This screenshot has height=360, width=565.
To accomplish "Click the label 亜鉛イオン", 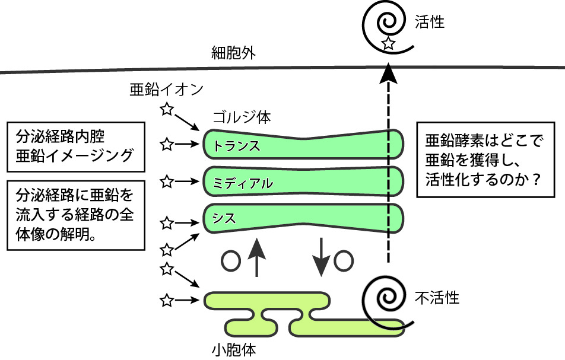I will tap(167, 90).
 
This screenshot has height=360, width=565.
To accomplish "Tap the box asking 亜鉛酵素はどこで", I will tap(486, 160).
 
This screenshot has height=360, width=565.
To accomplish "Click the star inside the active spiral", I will tap(388, 43).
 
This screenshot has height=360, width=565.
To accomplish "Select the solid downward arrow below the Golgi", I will tap(321, 257).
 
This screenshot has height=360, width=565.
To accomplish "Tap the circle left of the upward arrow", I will tap(230, 260).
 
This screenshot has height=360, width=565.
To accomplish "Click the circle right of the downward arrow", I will tap(345, 260).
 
